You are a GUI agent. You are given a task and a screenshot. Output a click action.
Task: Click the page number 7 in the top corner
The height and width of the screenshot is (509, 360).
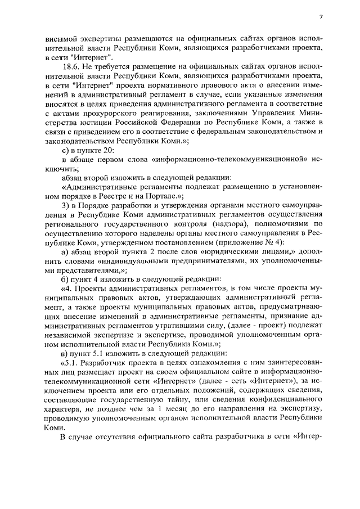coord(321,17)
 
